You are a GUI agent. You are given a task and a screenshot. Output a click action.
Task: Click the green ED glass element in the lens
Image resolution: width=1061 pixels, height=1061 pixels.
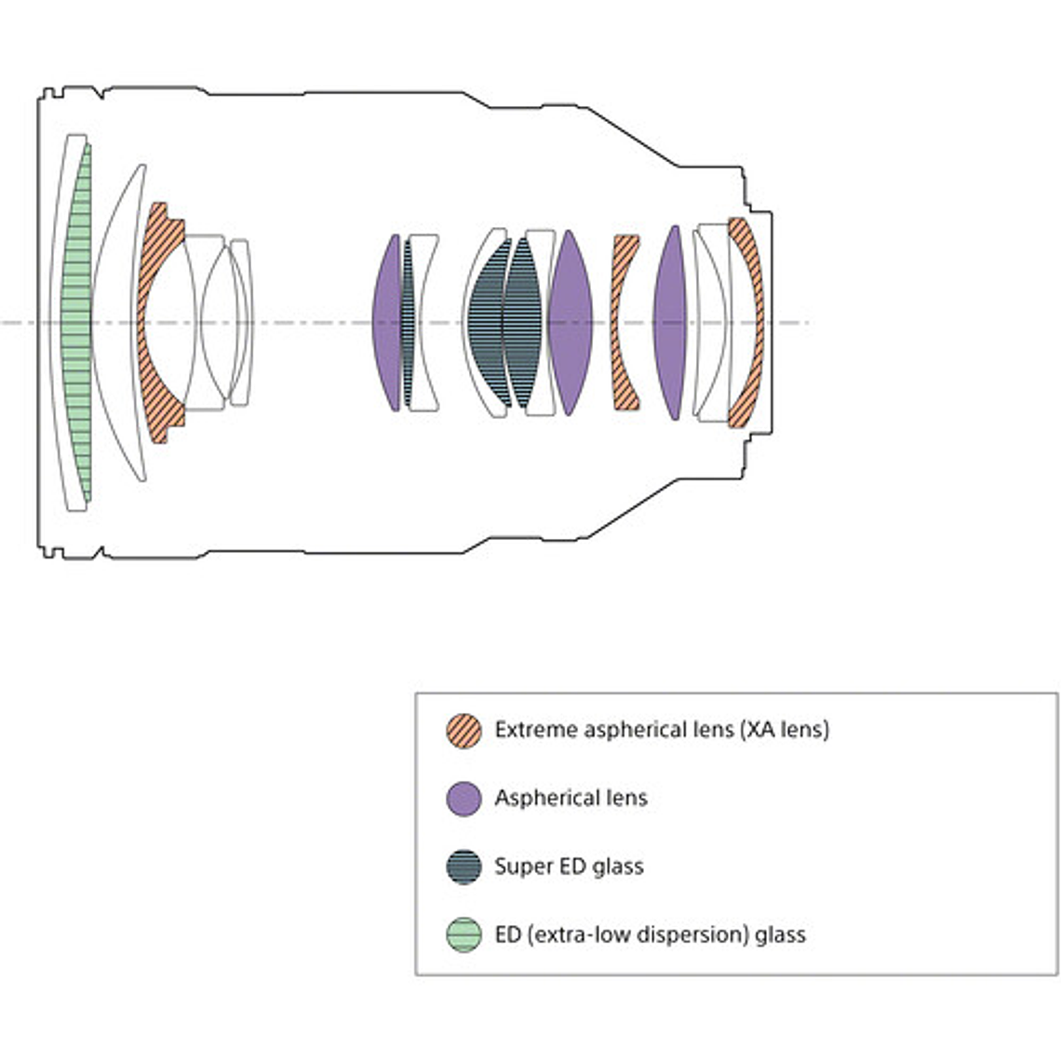pos(77,321)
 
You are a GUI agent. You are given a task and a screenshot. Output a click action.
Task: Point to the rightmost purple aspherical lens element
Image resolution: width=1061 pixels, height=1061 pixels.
pos(669,321)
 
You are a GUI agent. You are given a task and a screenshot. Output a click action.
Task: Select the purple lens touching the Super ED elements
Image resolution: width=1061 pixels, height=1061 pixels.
pos(570,321)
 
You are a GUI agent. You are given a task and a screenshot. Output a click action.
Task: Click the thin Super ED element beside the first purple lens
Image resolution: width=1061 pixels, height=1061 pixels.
pos(408,321)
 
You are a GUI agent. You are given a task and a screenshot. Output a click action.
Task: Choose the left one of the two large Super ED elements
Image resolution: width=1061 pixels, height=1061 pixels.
pos(489,321)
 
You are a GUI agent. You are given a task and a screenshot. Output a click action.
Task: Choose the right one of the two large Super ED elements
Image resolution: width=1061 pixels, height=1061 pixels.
pos(521,321)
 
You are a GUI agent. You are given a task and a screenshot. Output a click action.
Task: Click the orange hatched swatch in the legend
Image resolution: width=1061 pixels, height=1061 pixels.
pos(463,730)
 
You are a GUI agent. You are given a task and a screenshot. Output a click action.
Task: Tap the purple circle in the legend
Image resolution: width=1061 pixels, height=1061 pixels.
pos(463,799)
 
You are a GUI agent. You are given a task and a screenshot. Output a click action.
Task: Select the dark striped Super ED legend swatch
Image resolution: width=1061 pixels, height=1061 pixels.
pos(463,866)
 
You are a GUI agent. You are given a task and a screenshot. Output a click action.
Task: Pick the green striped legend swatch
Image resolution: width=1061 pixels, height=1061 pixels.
pos(463,934)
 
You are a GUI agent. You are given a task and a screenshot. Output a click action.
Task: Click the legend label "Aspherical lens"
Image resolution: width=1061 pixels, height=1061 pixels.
pos(571,799)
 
